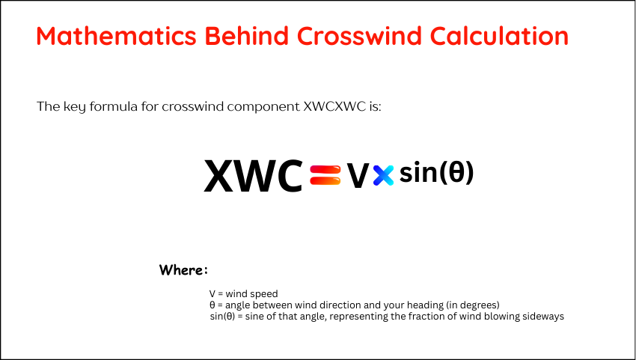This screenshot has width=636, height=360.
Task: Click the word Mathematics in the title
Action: [x=117, y=36]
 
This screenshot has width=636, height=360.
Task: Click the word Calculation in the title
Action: [x=499, y=36]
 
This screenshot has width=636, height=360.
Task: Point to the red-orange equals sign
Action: [x=325, y=175]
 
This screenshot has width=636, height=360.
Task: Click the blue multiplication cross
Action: [x=383, y=175]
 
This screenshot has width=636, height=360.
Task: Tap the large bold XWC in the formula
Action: [x=254, y=176]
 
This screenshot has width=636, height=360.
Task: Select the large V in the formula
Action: [x=358, y=177]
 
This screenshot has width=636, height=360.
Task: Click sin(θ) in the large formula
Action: [x=436, y=172]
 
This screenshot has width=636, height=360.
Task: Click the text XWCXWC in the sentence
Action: [x=334, y=107]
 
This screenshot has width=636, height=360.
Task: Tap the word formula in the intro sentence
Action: [x=113, y=107]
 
